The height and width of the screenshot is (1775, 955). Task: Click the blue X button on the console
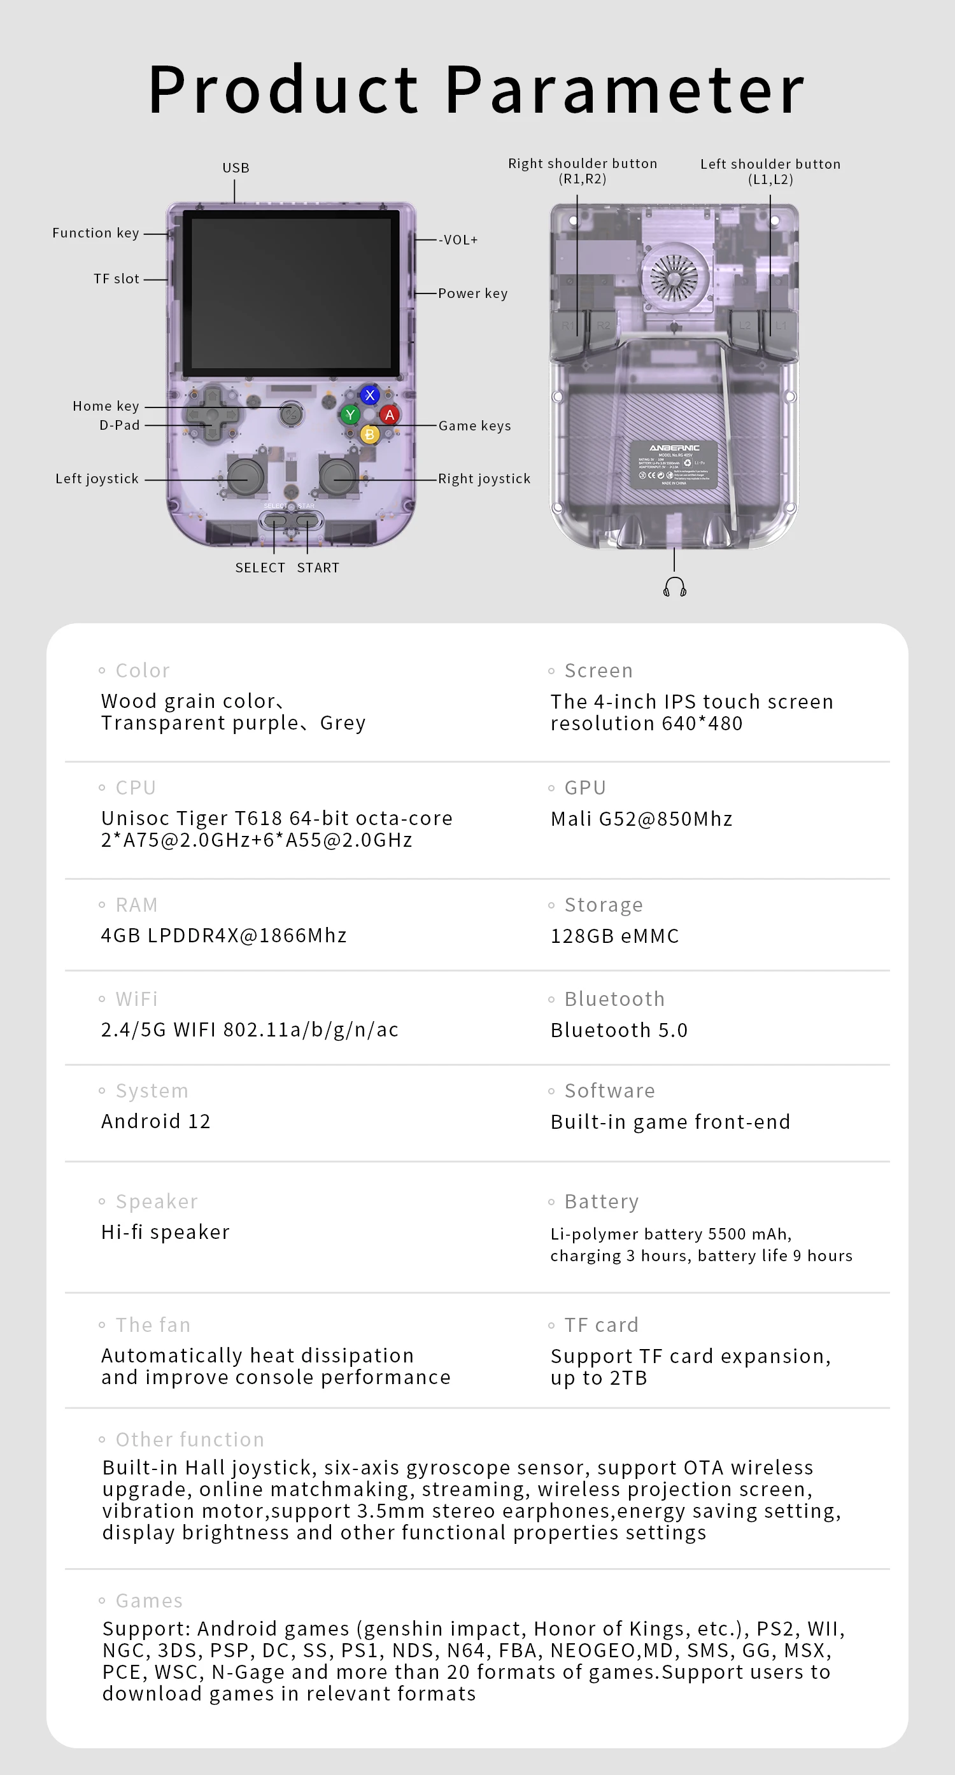[370, 395]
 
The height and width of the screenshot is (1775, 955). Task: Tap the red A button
[390, 415]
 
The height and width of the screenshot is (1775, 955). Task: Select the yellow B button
[370, 434]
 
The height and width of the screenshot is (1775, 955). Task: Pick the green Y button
[351, 415]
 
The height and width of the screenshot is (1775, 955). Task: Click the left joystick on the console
[245, 476]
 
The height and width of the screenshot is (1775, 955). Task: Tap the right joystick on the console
[337, 476]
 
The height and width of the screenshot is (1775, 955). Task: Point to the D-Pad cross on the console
[211, 415]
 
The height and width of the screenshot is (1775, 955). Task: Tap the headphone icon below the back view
[675, 587]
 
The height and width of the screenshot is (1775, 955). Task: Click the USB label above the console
[236, 168]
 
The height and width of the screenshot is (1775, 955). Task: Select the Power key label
[472, 293]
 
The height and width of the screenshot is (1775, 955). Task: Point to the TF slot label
[117, 279]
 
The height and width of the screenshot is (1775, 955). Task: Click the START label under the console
[318, 568]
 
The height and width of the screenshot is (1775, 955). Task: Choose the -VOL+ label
[458, 240]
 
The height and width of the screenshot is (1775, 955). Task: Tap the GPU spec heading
[585, 788]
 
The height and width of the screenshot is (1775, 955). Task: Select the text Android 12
[156, 1121]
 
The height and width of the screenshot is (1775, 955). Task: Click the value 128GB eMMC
[614, 936]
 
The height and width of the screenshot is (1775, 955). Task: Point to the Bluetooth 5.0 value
[619, 1030]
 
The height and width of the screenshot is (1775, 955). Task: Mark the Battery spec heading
[602, 1202]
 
